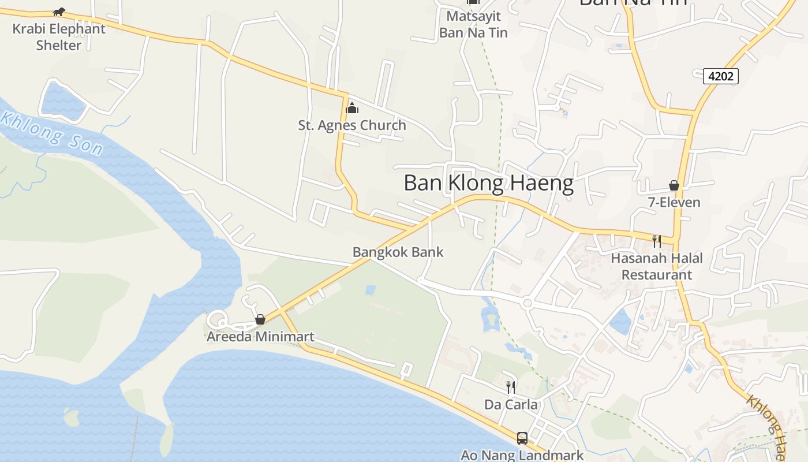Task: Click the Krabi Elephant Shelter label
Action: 59,37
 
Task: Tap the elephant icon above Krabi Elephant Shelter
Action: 59,12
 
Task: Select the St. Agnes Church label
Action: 352,125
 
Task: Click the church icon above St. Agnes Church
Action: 352,108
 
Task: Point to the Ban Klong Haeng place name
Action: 488,183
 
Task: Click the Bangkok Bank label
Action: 398,252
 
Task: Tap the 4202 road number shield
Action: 721,76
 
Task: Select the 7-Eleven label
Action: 674,202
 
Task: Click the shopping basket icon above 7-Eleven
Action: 674,185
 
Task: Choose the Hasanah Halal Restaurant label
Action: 657,266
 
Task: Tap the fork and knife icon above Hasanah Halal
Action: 656,241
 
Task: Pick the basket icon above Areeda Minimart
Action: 260,319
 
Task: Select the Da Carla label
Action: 511,404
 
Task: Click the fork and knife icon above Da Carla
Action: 510,386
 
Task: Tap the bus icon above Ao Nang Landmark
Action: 522,438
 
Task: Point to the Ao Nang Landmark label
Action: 522,455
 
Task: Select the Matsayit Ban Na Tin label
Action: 473,24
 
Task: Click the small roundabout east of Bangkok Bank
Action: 526,303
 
